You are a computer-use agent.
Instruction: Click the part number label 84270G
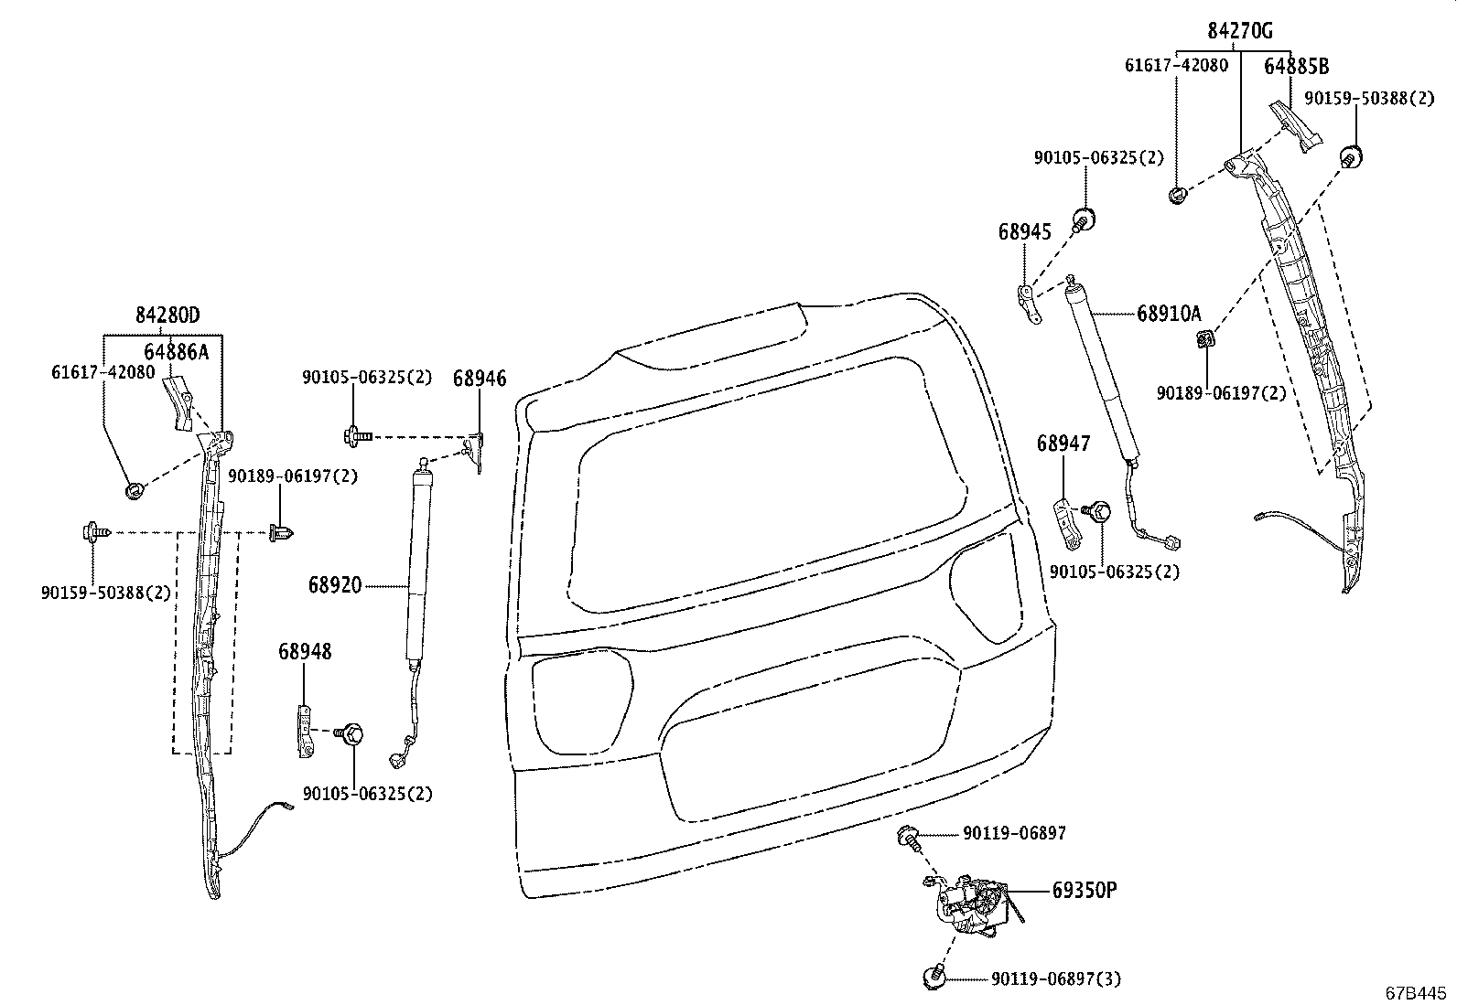[x=1240, y=31]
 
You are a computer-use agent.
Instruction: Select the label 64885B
[x=1296, y=66]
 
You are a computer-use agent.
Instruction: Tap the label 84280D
[x=167, y=315]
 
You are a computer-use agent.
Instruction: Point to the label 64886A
[x=176, y=352]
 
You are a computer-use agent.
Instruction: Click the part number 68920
[x=334, y=584]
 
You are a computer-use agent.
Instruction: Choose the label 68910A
[x=1169, y=314]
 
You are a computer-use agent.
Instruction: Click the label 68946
[x=480, y=379]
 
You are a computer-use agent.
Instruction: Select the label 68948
[x=305, y=652]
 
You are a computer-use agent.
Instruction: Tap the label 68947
[x=1063, y=444]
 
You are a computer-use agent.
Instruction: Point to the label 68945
[x=1025, y=232]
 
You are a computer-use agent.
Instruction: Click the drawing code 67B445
[x=1418, y=992]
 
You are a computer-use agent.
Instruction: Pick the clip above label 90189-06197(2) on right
[x=1205, y=340]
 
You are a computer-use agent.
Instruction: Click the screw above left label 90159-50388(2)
[x=95, y=530]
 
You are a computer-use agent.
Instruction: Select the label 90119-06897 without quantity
[x=1013, y=833]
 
